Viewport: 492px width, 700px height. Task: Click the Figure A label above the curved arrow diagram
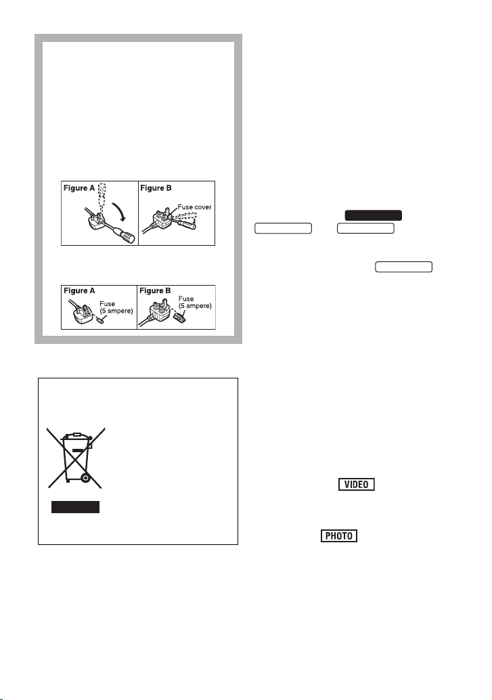pos(79,188)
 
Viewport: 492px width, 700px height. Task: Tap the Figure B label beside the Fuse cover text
pos(156,188)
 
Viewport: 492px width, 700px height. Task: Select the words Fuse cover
pos(195,206)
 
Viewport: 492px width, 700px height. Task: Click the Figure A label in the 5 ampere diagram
pos(79,290)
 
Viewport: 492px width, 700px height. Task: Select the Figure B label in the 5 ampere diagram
pos(156,290)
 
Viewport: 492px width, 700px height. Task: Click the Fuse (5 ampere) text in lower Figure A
pos(116,307)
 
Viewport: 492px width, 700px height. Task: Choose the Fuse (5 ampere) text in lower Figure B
pos(195,302)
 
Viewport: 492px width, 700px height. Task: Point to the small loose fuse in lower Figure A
pos(100,320)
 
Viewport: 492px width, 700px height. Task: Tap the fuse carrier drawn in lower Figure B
pos(180,317)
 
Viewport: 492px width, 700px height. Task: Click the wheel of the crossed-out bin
pos(85,478)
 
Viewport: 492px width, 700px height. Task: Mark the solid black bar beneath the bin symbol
pos(75,507)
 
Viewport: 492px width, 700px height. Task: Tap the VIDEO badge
pos(356,484)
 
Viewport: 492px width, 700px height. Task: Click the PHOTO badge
pos(339,535)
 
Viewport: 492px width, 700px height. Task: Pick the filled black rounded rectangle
pos(374,215)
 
